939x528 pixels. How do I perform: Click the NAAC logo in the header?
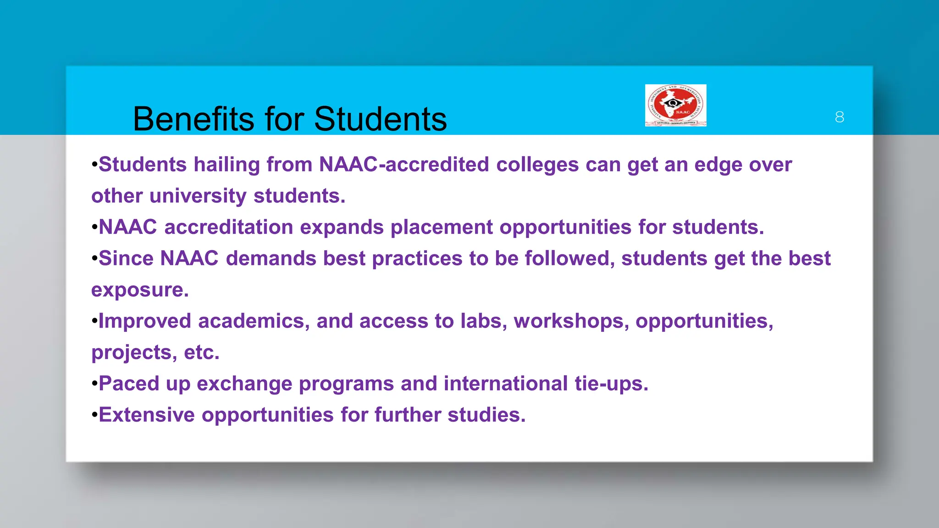point(675,105)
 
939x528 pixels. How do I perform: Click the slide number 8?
point(840,117)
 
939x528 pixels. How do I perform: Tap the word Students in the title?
point(380,119)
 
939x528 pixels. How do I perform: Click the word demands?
point(271,258)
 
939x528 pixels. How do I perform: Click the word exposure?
point(140,290)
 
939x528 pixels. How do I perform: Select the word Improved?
point(144,321)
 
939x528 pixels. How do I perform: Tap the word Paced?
point(128,384)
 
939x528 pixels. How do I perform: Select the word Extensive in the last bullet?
point(147,415)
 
